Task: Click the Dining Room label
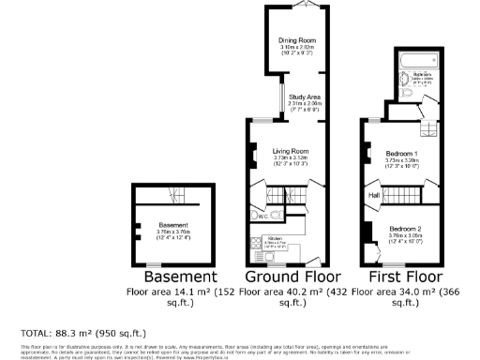[295, 40]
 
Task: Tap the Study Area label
[306, 97]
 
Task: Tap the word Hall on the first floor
[373, 195]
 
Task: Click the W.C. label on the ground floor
[264, 216]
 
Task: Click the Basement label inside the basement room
[173, 225]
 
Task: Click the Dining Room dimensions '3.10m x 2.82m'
[295, 47]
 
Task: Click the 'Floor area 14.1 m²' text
[174, 292]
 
